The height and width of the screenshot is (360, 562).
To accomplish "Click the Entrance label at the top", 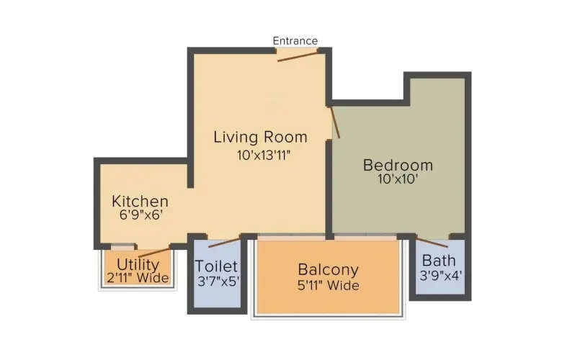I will click(x=295, y=40).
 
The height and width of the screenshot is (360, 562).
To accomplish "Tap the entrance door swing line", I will click(x=297, y=55).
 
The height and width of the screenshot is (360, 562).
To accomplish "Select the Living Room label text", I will click(x=260, y=137).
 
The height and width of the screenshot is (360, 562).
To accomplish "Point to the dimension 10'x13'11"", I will click(x=260, y=154).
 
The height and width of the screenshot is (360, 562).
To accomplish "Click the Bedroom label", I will click(x=398, y=165).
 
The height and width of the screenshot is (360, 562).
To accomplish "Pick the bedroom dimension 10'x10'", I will click(x=398, y=180).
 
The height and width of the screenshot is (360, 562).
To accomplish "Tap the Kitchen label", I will click(x=140, y=202).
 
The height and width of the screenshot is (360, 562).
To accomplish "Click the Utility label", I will click(x=138, y=264).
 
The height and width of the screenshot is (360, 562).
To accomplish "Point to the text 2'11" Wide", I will click(x=138, y=278).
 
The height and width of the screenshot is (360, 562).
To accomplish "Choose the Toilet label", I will click(x=217, y=266).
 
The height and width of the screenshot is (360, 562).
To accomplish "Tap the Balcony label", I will click(x=329, y=270).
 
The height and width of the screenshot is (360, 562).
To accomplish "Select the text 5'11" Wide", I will click(x=329, y=286).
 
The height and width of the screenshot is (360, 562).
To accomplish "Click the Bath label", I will click(x=439, y=260).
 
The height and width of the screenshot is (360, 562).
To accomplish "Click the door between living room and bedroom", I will click(x=335, y=121).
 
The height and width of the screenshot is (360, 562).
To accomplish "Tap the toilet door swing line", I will click(x=224, y=241).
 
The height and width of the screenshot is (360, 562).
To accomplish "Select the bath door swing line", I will click(x=432, y=242).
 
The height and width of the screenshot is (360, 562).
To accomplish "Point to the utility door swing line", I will click(x=153, y=251).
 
